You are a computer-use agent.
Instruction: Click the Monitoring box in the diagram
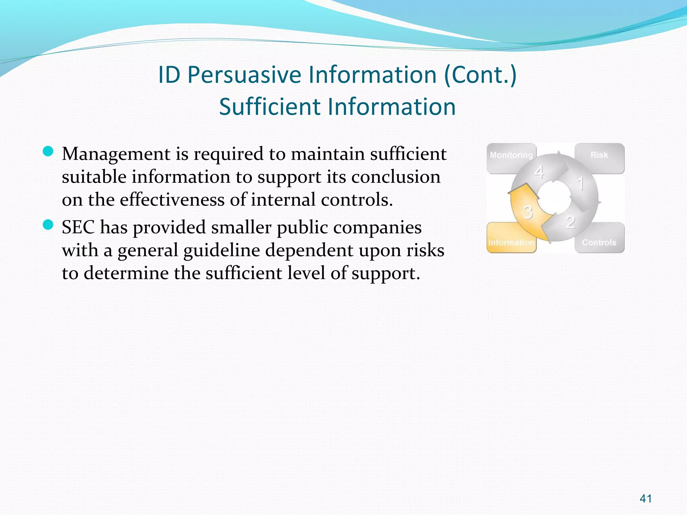511,155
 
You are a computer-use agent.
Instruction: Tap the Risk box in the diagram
599,155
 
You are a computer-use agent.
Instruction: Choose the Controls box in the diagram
599,242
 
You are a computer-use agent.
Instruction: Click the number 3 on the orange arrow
528,212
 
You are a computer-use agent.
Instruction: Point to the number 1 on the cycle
580,184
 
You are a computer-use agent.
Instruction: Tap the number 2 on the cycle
571,222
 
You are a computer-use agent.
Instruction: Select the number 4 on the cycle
539,172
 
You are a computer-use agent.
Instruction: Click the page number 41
646,499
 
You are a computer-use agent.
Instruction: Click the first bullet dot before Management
48,152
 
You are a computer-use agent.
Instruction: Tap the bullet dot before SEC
48,225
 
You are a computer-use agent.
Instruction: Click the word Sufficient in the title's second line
270,107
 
